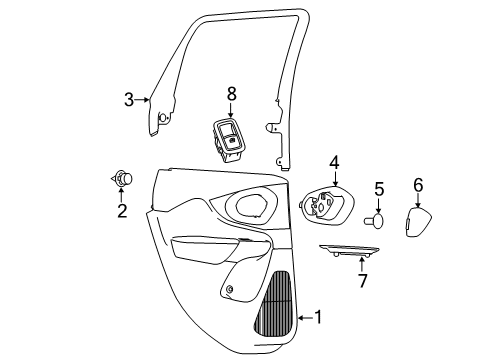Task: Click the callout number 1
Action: click(x=318, y=318)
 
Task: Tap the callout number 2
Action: click(x=122, y=211)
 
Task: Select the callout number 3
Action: click(x=128, y=99)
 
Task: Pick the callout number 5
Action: click(x=379, y=189)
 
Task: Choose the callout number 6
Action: click(x=418, y=184)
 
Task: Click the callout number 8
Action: click(x=231, y=95)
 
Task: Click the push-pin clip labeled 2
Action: click(x=123, y=180)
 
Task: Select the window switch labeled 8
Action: click(x=229, y=138)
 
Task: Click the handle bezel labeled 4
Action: click(x=325, y=208)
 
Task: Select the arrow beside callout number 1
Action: click(x=302, y=318)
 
